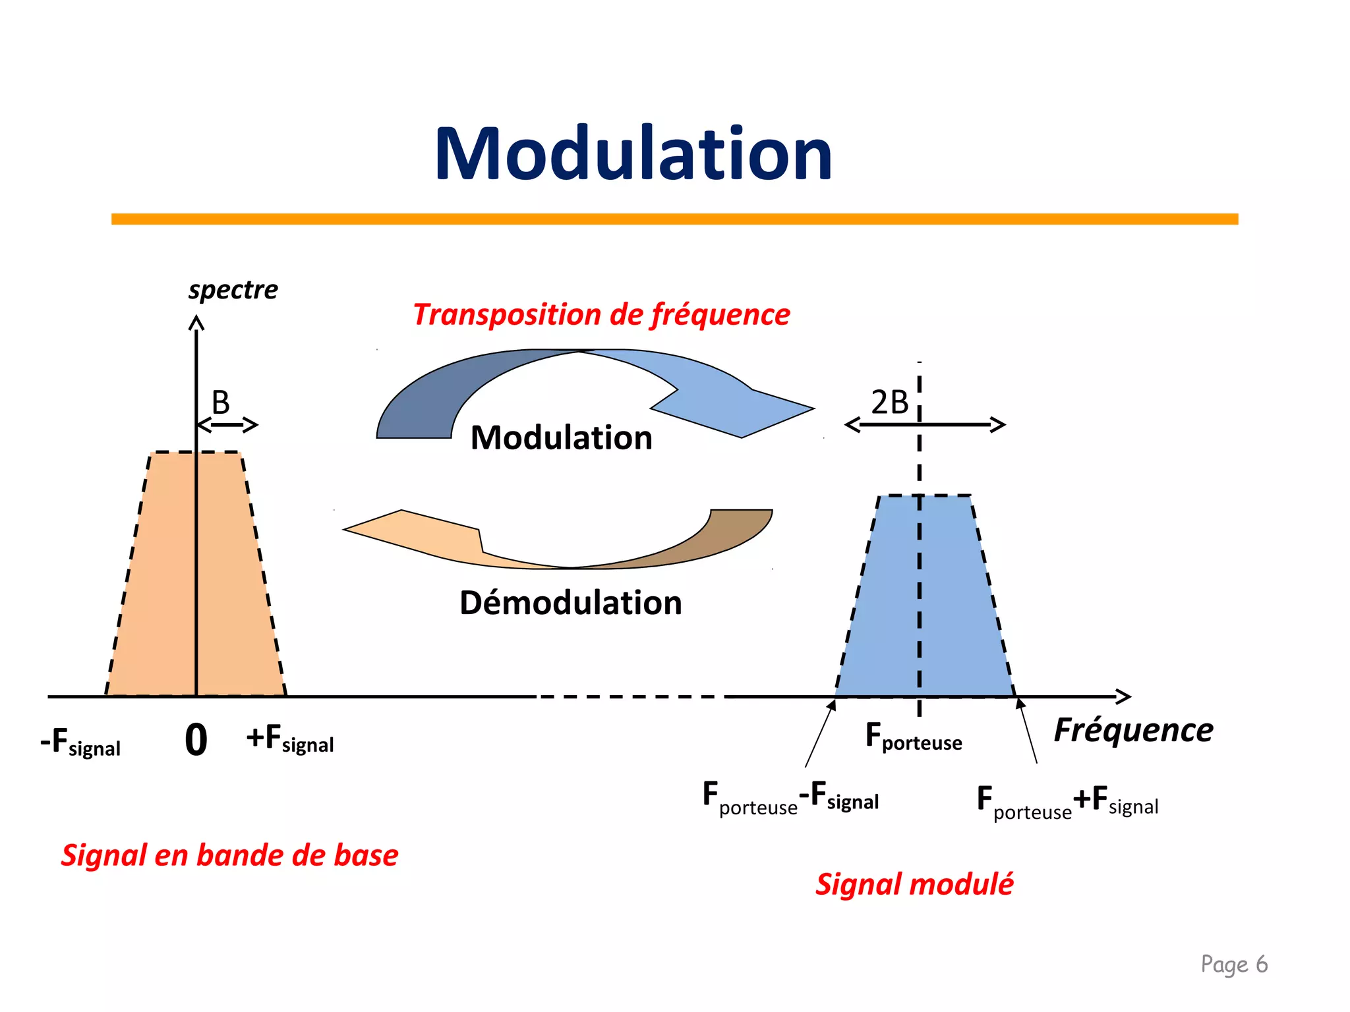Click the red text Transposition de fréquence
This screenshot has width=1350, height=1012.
point(601,314)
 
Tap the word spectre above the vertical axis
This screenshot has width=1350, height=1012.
point(233,290)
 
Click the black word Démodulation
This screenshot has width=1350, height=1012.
point(570,603)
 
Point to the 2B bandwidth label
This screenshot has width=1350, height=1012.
point(889,402)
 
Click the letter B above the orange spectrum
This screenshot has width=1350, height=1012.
point(221,402)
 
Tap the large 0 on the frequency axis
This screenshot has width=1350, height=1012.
point(196,739)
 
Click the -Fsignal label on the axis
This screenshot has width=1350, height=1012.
point(80,743)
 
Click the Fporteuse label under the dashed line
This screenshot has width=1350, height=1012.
point(913,737)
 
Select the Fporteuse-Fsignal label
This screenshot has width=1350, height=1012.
point(790,798)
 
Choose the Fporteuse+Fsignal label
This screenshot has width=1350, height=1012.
point(1067,802)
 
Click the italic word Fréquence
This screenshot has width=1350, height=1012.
point(1133,730)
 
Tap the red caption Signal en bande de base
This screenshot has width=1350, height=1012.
point(229,855)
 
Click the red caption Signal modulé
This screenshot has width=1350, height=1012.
point(914,884)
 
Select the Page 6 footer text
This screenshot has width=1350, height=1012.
point(1233,964)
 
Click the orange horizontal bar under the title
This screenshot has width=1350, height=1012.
point(674,219)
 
